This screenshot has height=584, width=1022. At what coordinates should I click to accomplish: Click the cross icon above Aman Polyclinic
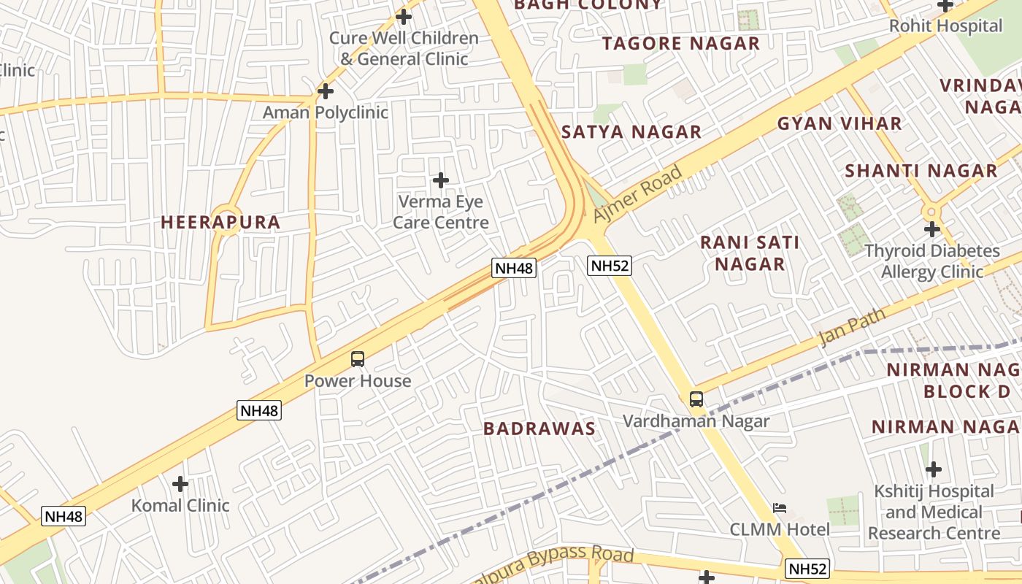[x=326, y=91]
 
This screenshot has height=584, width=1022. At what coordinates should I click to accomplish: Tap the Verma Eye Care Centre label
[x=440, y=212]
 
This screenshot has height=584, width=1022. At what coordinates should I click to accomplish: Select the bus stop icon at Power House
[x=358, y=359]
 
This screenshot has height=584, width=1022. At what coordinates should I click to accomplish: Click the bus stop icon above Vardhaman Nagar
[x=696, y=399]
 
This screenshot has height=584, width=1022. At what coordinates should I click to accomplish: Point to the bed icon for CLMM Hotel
[x=780, y=508]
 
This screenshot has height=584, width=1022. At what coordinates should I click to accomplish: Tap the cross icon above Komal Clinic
[x=180, y=483]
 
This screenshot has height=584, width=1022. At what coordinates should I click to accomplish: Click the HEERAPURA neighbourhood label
[x=220, y=223]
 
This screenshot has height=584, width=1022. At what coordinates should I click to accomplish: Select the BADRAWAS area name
[x=539, y=429]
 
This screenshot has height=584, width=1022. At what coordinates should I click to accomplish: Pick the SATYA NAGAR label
[x=631, y=132]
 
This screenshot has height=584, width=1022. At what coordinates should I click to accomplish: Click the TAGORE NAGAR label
[x=681, y=44]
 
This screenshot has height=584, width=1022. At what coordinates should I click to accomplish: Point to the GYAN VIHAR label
[x=839, y=123]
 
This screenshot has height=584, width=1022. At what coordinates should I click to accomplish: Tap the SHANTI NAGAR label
[x=921, y=172]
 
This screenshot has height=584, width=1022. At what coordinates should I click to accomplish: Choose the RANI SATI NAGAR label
[x=750, y=253]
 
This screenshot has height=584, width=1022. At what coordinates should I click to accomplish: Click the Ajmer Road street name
[x=637, y=193]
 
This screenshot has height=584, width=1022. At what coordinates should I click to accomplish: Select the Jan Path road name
[x=852, y=326]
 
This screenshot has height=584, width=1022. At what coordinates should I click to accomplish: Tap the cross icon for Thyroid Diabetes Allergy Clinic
[x=932, y=229]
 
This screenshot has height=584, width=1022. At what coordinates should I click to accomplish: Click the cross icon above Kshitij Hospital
[x=933, y=469]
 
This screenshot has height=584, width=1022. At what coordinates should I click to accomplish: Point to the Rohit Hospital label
[x=945, y=26]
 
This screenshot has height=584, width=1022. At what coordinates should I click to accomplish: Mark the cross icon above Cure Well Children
[x=404, y=16]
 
